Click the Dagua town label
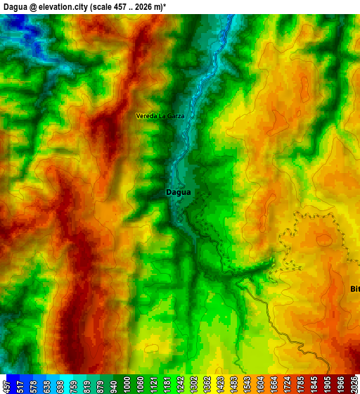178,191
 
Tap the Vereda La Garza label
160,115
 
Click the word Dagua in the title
15,6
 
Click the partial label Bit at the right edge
355,288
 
